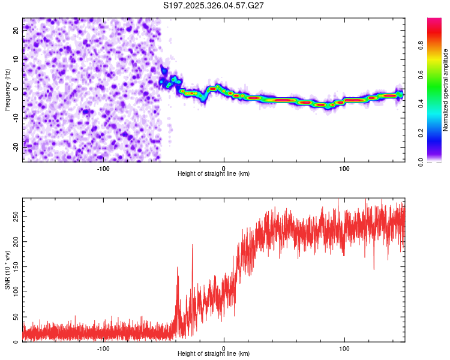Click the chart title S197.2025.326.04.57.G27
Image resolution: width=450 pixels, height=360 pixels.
point(214,5)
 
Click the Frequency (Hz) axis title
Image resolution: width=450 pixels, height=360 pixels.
point(7,90)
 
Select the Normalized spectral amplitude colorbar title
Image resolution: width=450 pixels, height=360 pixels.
point(446,90)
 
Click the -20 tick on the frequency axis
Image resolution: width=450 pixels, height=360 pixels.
point(16,146)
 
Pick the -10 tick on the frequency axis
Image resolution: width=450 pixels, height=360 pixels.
point(16,118)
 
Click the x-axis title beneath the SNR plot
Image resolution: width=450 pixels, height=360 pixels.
point(214,354)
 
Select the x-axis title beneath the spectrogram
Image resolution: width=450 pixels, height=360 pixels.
point(214,173)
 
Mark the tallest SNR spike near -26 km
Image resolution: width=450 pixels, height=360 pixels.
point(193,245)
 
